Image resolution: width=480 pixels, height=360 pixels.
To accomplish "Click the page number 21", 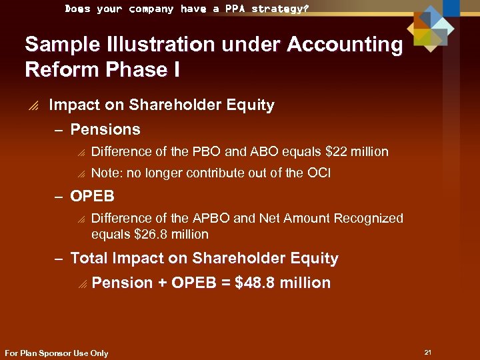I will (427, 351).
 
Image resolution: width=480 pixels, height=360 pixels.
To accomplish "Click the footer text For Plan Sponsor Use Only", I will (56, 353).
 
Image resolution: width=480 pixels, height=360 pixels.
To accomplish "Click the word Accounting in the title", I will (345, 45).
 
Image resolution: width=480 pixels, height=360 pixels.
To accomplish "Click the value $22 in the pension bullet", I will (339, 151).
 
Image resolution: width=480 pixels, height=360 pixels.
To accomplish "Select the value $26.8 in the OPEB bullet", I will (149, 234).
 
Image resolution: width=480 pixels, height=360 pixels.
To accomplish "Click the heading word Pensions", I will (105, 129).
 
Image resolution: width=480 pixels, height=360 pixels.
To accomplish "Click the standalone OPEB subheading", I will (92, 197).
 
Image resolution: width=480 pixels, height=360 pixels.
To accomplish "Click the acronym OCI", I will (318, 173).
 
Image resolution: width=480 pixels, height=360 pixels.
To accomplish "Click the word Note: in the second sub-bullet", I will (107, 173).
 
